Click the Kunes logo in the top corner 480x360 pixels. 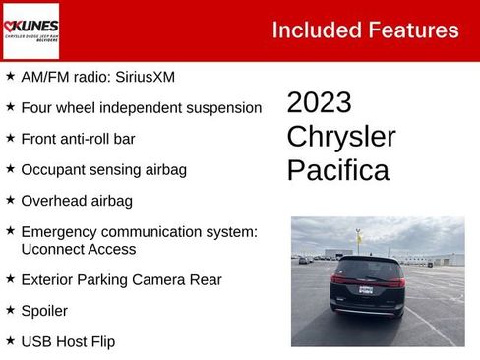pyautogui.click(x=30, y=30)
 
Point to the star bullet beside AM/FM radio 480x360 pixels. pyautogui.click(x=10, y=76)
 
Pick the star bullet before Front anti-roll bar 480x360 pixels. pyautogui.click(x=10, y=139)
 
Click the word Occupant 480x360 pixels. pyautogui.click(x=54, y=169)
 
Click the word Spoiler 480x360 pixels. pyautogui.click(x=44, y=311)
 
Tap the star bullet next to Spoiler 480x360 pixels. pyautogui.click(x=10, y=311)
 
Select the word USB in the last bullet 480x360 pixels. pyautogui.click(x=36, y=342)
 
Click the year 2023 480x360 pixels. pyautogui.click(x=319, y=103)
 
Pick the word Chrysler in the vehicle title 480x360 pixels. pyautogui.click(x=340, y=137)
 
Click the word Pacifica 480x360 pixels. pyautogui.click(x=337, y=170)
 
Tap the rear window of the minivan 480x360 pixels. pyautogui.click(x=366, y=269)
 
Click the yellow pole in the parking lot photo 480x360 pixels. pyautogui.click(x=358, y=239)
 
